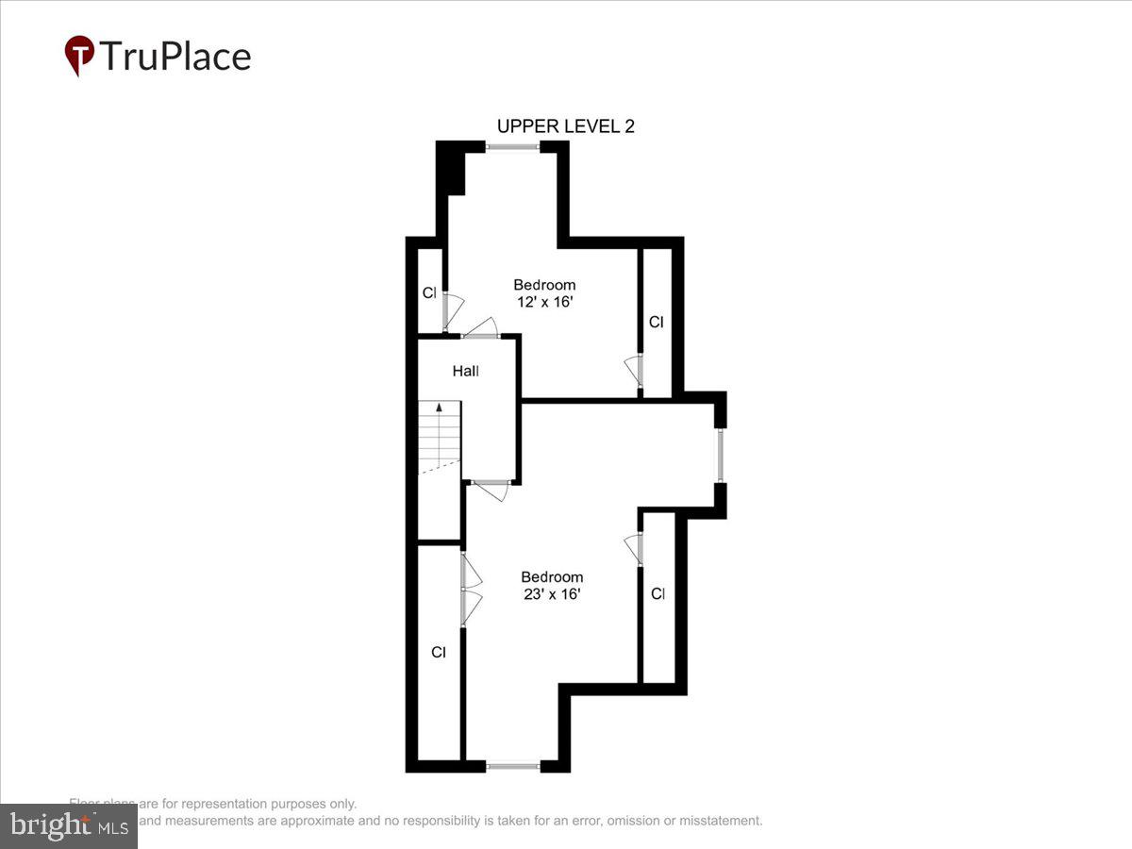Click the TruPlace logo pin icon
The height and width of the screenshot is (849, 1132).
click(x=79, y=55)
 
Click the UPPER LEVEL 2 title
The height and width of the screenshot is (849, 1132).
click(x=565, y=126)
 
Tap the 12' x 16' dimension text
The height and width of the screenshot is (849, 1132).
click(x=544, y=303)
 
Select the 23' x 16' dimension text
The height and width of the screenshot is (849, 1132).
click(x=552, y=594)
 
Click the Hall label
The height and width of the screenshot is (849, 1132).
click(x=465, y=372)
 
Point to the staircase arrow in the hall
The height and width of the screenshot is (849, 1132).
click(x=439, y=409)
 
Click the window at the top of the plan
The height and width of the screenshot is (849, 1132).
click(x=513, y=146)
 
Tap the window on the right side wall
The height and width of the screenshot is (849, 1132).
click(x=720, y=456)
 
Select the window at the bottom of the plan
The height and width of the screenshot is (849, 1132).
click(x=513, y=767)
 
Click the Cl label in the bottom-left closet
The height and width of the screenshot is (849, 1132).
click(x=438, y=652)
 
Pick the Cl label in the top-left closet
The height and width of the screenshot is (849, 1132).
click(x=429, y=293)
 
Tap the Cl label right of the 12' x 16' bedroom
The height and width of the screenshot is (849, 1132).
click(x=656, y=323)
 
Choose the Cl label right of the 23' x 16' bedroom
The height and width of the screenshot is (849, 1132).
click(x=658, y=594)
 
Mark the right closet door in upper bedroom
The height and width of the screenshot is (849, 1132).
click(x=634, y=371)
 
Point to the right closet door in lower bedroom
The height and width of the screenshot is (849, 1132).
click(x=633, y=549)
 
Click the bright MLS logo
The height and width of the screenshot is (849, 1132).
click(x=68, y=826)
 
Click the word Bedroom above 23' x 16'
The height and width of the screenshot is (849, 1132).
click(x=552, y=577)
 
